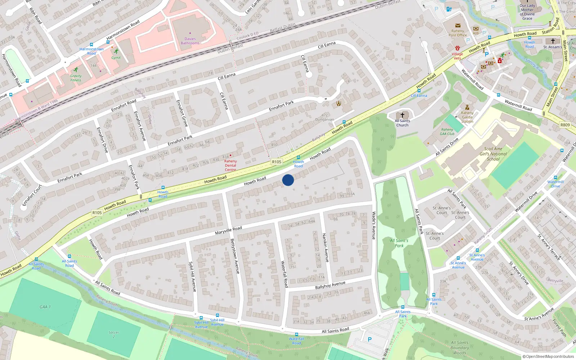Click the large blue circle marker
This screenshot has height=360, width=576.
(288, 180)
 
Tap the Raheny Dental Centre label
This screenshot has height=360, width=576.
(230, 165)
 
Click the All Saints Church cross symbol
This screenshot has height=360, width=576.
(402, 115)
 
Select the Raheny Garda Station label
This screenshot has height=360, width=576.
(467, 117)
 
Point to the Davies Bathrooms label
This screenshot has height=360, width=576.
(190, 41)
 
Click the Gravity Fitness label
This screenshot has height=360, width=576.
(76, 78)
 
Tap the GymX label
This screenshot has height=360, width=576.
(116, 58)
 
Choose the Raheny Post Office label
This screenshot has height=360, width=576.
(458, 33)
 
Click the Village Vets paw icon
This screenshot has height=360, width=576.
(457, 48)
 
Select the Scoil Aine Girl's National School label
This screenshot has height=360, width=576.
(493, 154)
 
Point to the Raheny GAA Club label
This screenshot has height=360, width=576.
(447, 131)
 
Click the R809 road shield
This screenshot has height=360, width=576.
(565, 125)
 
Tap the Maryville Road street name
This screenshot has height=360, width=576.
(229, 230)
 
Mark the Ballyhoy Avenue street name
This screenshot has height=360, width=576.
(330, 285)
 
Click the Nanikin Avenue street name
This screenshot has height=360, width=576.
(325, 247)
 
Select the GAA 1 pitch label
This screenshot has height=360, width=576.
(45, 307)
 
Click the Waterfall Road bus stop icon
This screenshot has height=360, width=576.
(296, 334)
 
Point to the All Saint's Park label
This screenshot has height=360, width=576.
(399, 243)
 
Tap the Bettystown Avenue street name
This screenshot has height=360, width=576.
(235, 256)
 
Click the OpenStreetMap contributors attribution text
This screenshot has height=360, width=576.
(548, 356)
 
